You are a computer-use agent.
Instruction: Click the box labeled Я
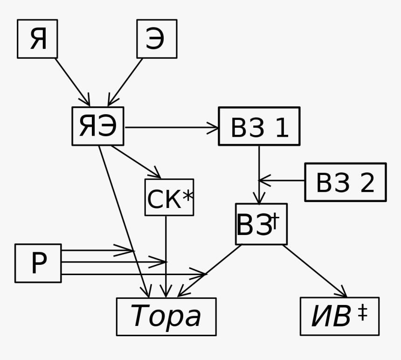[x=37, y=39]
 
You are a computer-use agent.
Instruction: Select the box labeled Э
[x=157, y=39]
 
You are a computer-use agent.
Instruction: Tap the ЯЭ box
[x=98, y=126]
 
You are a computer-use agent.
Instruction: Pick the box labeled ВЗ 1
[x=259, y=126]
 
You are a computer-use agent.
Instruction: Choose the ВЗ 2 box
[x=345, y=182]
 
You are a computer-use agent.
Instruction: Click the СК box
[x=169, y=198]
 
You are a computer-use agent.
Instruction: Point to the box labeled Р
[x=38, y=263]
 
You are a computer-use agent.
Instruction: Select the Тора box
[x=166, y=317]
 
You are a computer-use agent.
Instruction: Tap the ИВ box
[x=339, y=317]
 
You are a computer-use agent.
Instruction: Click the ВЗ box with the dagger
[x=261, y=224]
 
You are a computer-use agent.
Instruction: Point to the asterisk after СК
[x=187, y=196]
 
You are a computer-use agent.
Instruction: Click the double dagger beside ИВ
[x=362, y=313]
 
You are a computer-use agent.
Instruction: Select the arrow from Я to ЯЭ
[x=72, y=82]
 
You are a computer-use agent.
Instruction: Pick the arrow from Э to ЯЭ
[x=125, y=82]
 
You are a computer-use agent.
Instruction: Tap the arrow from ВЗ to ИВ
[x=314, y=270]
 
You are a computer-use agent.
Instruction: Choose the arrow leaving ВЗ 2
[x=282, y=180]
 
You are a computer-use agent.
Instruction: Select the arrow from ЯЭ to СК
[x=136, y=162]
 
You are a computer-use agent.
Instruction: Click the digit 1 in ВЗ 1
[x=281, y=128]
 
